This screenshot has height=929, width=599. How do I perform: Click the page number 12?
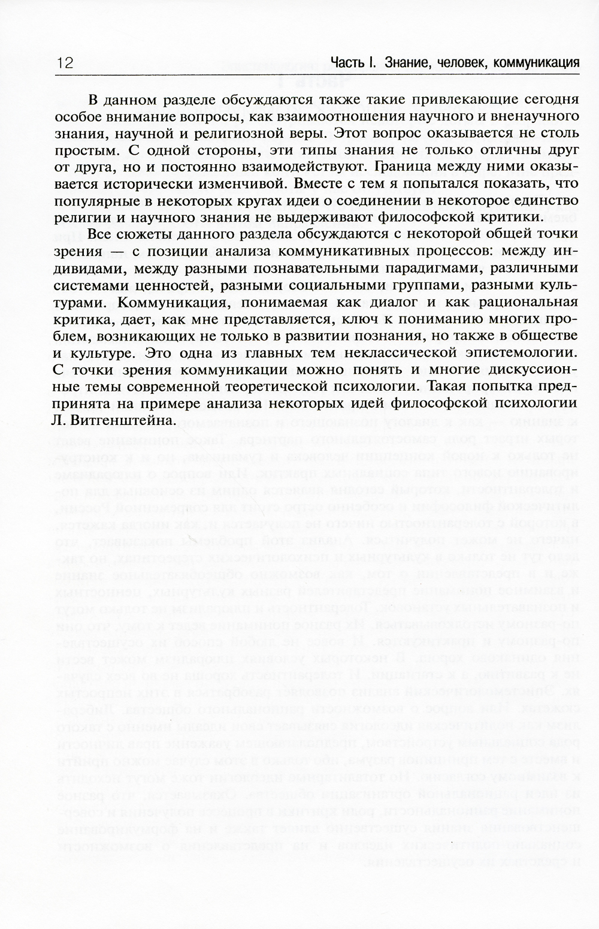(65, 63)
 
